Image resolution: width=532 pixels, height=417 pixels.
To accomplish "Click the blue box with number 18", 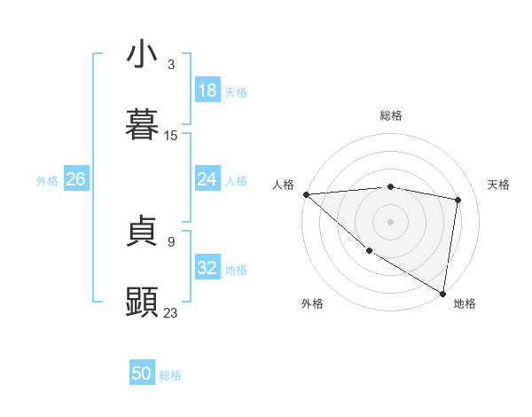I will pyautogui.click(x=207, y=90).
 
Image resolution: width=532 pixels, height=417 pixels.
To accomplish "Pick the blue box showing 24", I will pyautogui.click(x=207, y=179).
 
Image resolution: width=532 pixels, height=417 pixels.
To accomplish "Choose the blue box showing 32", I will pyautogui.click(x=207, y=268).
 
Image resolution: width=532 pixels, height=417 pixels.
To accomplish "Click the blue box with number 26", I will pyautogui.click(x=75, y=179).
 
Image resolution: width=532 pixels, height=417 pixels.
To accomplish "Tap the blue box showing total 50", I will pyautogui.click(x=142, y=374).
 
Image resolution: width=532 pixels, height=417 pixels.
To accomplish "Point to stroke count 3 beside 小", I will pyautogui.click(x=171, y=65).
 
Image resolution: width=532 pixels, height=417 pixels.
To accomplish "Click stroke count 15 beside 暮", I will pyautogui.click(x=171, y=136).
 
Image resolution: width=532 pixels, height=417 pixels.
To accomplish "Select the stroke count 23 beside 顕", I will pyautogui.click(x=171, y=312).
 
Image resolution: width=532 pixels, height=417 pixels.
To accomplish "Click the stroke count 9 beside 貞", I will pyautogui.click(x=171, y=241).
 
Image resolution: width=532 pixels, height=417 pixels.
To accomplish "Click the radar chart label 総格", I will pyautogui.click(x=391, y=115).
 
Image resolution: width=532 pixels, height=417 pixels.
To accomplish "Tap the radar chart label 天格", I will pyautogui.click(x=498, y=185).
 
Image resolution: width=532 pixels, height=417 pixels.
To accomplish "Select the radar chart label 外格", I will pyautogui.click(x=312, y=303).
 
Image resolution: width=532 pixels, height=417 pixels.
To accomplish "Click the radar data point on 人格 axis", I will pyautogui.click(x=306, y=194).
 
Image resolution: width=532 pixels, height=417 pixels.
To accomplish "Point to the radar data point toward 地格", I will pyautogui.click(x=442, y=293).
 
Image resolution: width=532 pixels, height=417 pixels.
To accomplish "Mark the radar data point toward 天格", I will pyautogui.click(x=458, y=200).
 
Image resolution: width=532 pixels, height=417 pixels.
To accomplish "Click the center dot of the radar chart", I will pyautogui.click(x=390, y=222).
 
